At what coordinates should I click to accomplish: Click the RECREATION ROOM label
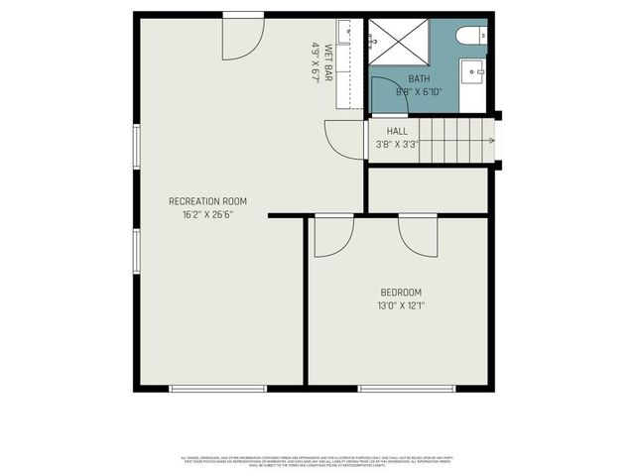[207, 201]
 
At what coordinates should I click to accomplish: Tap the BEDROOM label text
[401, 292]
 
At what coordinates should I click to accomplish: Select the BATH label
[419, 78]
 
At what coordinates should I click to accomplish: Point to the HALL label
[397, 131]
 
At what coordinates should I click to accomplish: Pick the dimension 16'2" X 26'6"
[207, 214]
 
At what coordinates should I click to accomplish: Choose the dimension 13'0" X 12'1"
[401, 305]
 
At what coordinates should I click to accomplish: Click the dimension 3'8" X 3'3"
[397, 145]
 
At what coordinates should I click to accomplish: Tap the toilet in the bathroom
[471, 36]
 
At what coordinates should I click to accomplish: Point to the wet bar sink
[344, 34]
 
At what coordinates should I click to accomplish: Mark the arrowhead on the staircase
[490, 141]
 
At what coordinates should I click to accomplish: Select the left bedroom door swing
[333, 236]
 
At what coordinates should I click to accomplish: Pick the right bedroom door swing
[418, 236]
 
